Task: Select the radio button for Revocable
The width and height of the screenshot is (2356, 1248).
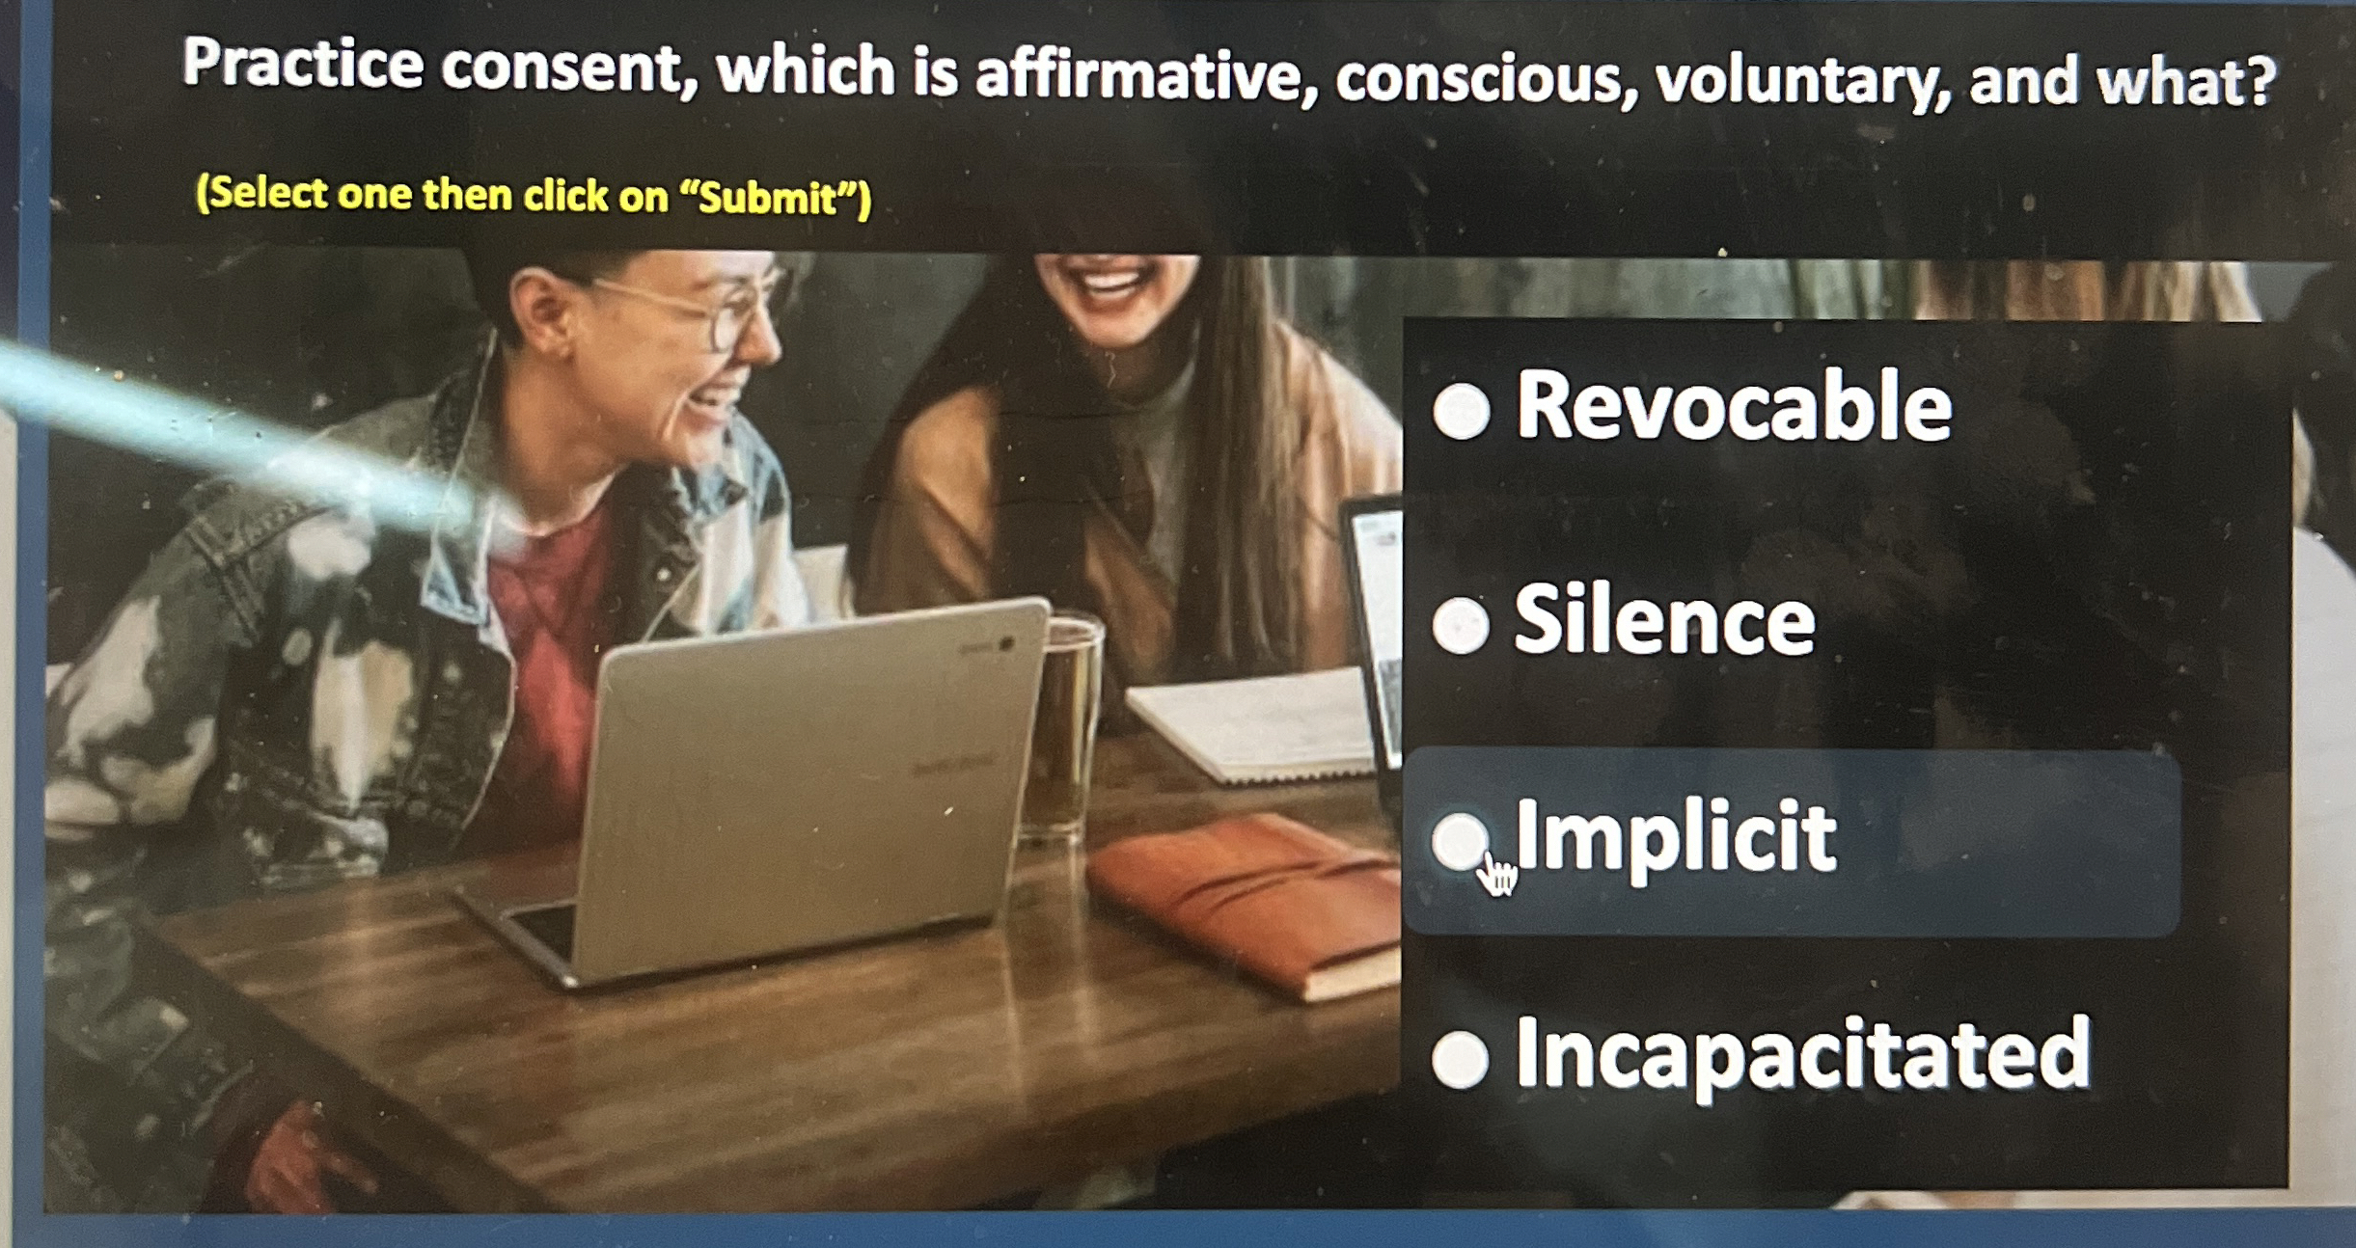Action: pos(1461,411)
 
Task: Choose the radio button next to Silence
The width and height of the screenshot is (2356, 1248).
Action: pos(1461,625)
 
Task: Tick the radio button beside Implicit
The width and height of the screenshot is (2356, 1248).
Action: pos(1459,840)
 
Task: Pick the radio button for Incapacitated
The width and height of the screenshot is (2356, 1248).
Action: pos(1460,1059)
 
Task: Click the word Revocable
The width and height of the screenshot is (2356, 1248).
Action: pos(1734,406)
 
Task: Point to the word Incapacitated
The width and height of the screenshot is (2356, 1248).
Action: pos(1802,1056)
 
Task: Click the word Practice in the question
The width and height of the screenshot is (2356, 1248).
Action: pos(303,64)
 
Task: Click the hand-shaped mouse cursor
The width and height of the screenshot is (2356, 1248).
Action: pos(1497,874)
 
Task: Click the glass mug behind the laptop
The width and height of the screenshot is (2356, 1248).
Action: pos(1061,724)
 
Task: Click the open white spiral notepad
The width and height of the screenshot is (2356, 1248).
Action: pos(1254,723)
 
